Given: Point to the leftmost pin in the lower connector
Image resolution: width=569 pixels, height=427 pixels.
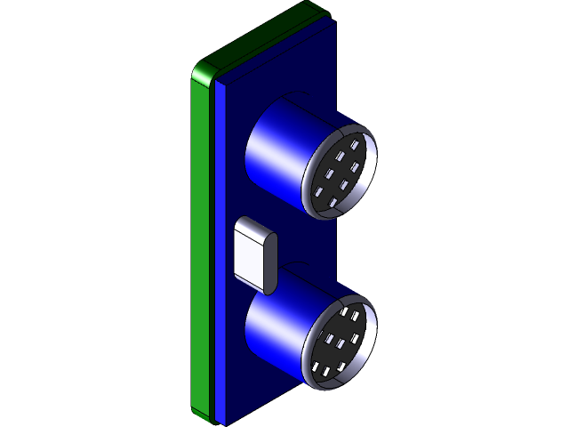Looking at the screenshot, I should pos(319,367).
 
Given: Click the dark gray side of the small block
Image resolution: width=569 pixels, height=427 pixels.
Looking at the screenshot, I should pos(270,263).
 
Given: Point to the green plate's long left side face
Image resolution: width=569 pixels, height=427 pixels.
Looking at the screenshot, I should pos(201,249).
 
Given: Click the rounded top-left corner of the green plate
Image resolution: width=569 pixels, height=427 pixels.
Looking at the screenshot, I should pos(201,71).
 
